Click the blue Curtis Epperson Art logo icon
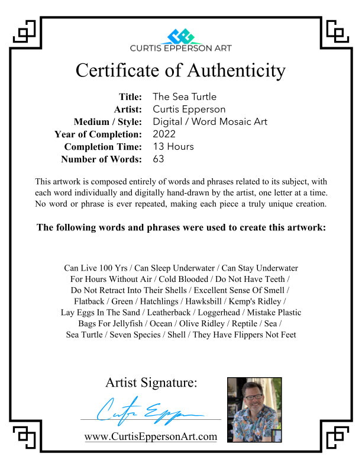[x=181, y=36]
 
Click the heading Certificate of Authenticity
[x=180, y=71]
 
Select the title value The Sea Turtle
[x=184, y=97]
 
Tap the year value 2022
[x=164, y=134]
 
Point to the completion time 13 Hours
[x=173, y=146]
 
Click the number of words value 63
[x=159, y=159]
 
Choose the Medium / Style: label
[x=108, y=122]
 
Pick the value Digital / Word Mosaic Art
[x=210, y=121]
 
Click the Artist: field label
[x=128, y=109]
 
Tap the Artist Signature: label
[x=151, y=383]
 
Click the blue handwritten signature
[x=148, y=410]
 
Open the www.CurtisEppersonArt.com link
[x=151, y=437]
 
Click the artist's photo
[x=254, y=409]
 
